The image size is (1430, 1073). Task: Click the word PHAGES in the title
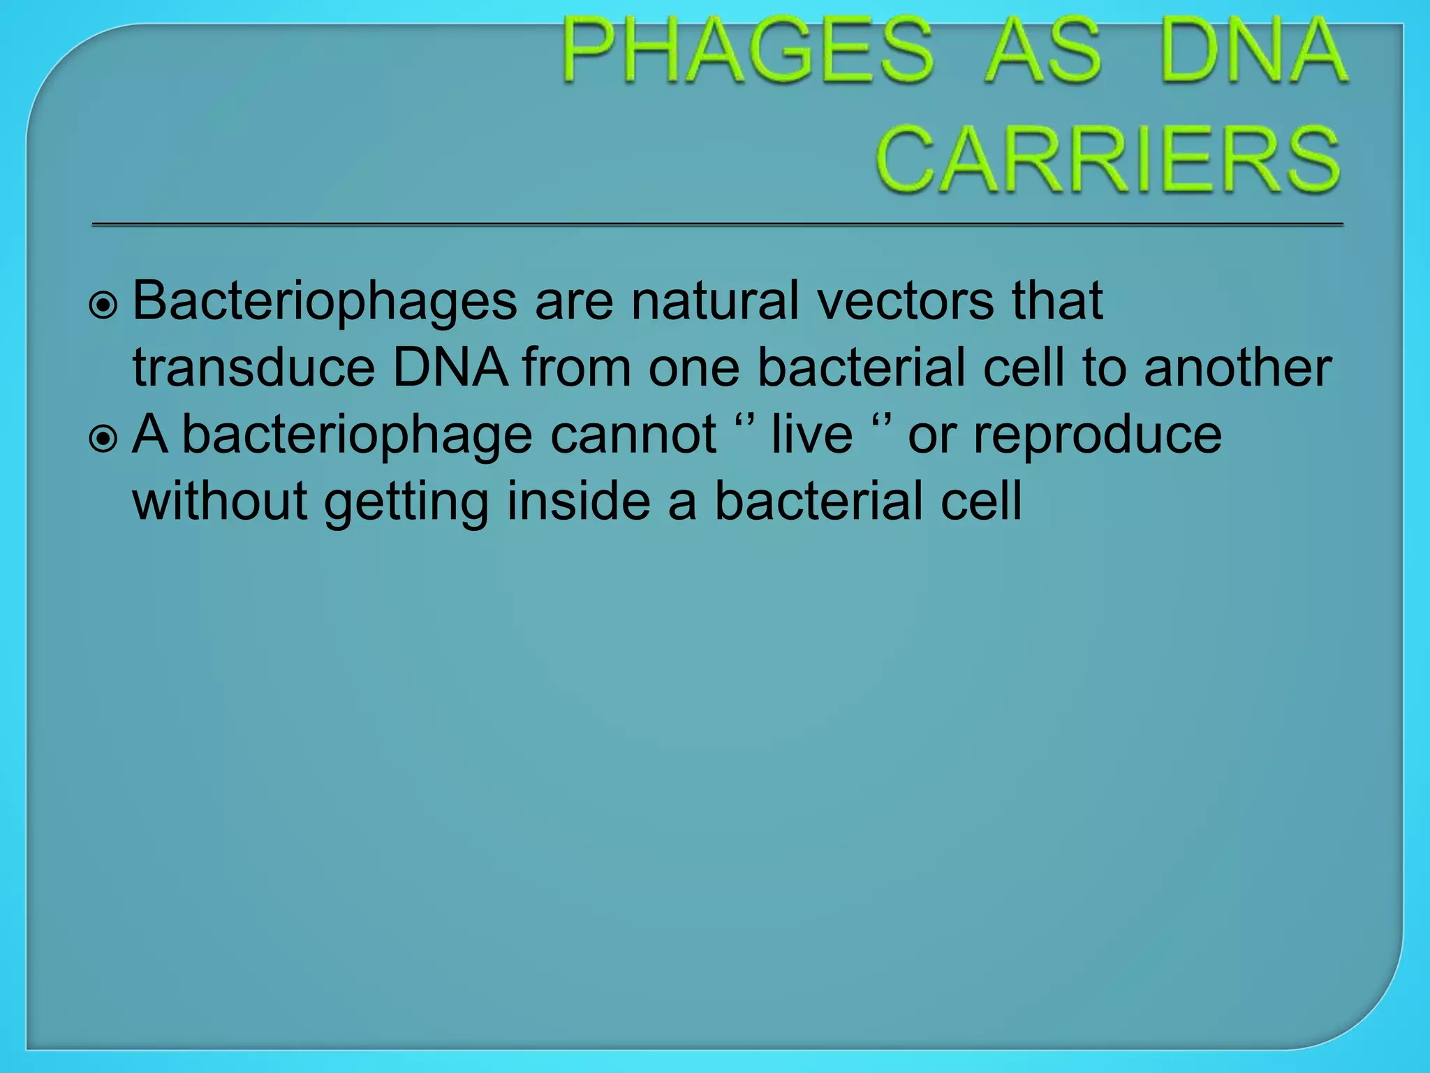click(x=747, y=51)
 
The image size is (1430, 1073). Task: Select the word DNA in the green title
click(x=1253, y=51)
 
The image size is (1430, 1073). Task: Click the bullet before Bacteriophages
click(x=104, y=305)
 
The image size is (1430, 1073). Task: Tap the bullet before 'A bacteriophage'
click(x=104, y=439)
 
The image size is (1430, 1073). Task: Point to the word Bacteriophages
click(x=325, y=301)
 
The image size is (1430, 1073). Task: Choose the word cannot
click(x=633, y=435)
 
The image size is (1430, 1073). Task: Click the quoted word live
click(x=811, y=435)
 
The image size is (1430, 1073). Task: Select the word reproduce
click(x=1097, y=435)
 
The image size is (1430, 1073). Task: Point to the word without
click(x=220, y=501)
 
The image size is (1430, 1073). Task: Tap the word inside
click(x=578, y=501)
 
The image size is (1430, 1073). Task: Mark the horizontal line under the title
click(x=717, y=225)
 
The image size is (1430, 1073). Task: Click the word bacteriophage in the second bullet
click(x=357, y=435)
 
